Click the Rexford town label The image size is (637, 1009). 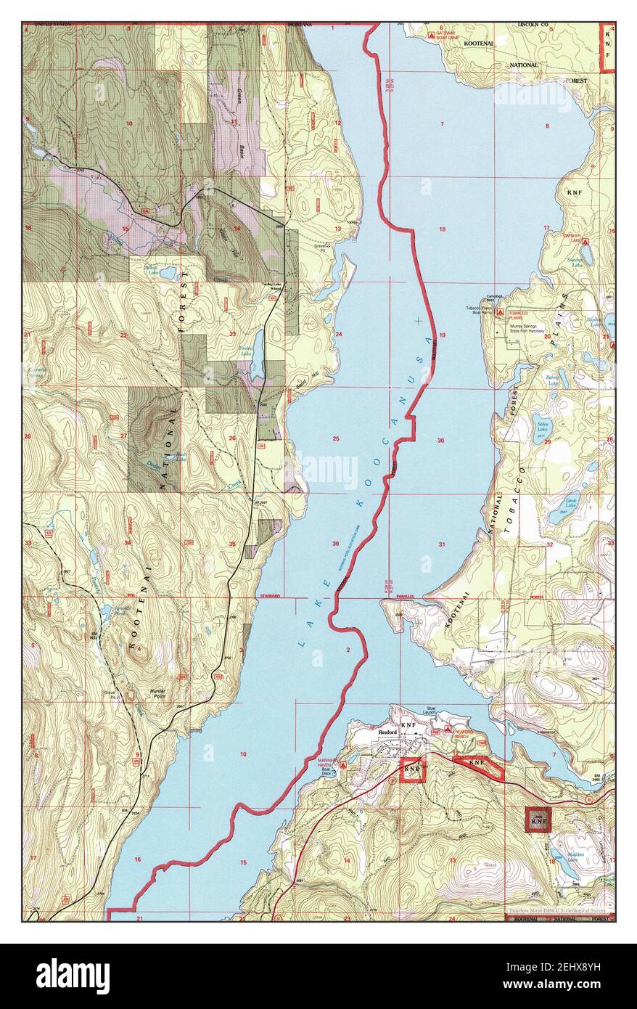coord(388,733)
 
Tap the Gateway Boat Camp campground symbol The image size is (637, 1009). coord(432,34)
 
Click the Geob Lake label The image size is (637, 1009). coord(573,501)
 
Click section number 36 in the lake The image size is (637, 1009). coord(336,544)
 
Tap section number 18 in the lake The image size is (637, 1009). coord(442,229)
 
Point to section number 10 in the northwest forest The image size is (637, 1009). coord(129,124)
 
